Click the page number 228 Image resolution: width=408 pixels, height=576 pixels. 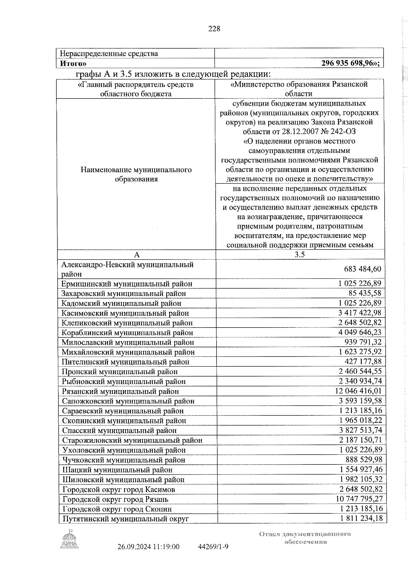pyautogui.click(x=214, y=29)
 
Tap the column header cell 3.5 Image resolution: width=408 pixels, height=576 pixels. pyautogui.click(x=300, y=255)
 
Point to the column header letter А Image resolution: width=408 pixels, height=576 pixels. pyautogui.click(x=137, y=255)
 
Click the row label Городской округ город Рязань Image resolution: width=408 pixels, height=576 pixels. pyautogui.click(x=115, y=500)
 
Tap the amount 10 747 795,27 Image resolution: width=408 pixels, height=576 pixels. pyautogui.click(x=359, y=499)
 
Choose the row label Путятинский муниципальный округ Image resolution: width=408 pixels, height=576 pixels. pyautogui.click(x=125, y=519)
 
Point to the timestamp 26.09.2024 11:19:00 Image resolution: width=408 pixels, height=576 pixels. pyautogui.click(x=148, y=556)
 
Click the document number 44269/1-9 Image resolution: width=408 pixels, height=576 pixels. pyautogui.click(x=213, y=556)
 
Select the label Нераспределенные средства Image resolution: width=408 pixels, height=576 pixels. pyautogui.click(x=109, y=54)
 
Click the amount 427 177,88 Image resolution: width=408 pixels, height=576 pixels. pyautogui.click(x=363, y=362)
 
